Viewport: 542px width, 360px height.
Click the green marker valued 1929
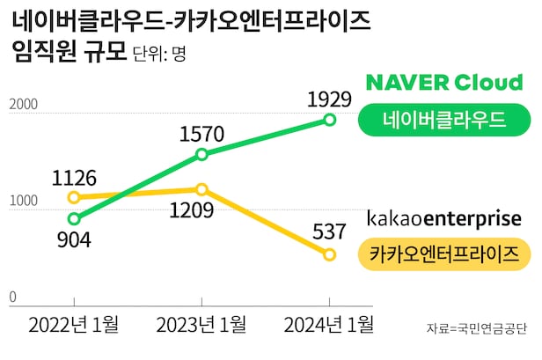coord(330,119)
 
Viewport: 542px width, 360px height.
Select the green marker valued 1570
coord(201,154)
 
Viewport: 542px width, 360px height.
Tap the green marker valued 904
coord(74,219)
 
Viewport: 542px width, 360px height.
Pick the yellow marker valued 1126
coord(74,197)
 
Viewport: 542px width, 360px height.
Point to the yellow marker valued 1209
coord(201,189)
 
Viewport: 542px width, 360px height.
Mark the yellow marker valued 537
coord(330,254)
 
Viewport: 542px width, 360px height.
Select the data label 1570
coord(201,134)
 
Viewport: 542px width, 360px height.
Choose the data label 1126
coord(73,178)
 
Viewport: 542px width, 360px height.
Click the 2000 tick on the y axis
coord(24,105)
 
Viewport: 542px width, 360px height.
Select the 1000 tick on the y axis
coord(24,202)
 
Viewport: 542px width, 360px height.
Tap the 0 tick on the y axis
coord(12,298)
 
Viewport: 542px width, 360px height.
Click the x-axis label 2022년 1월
coord(74,325)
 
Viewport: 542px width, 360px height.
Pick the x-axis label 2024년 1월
coord(329,325)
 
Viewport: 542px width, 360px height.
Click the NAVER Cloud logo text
coord(443,84)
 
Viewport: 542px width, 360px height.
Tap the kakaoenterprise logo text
coord(443,217)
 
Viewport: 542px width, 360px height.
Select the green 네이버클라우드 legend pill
coord(443,121)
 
